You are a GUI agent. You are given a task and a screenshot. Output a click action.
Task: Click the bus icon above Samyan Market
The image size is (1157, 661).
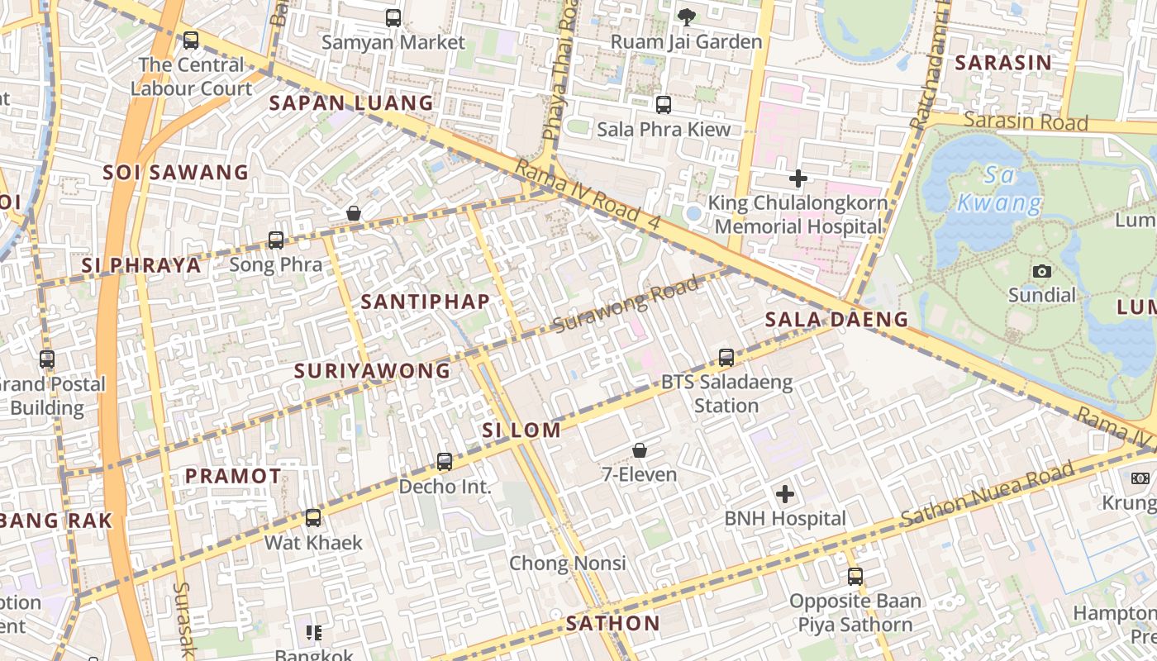[x=393, y=17]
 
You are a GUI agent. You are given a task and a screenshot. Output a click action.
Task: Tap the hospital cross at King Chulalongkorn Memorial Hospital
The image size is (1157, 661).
[x=798, y=178]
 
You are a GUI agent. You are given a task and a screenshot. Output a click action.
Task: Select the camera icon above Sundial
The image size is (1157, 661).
[x=1042, y=271]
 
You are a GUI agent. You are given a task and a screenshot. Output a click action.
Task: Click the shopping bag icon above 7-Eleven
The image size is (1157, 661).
[x=639, y=450]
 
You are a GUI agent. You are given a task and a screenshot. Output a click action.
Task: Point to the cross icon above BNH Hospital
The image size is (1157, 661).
[x=785, y=494]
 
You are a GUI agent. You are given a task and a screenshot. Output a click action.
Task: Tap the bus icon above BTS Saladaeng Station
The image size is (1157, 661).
[x=726, y=358]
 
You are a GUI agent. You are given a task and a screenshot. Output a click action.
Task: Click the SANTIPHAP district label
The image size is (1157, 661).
[x=426, y=302]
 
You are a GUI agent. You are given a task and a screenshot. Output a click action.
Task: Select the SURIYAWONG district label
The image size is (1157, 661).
[x=373, y=371]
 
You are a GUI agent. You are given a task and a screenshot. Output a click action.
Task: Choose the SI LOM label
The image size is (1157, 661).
[x=521, y=430]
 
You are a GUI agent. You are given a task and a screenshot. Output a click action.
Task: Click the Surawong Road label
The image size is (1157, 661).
[x=626, y=304]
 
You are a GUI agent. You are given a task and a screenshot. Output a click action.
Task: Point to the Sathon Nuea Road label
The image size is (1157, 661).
[x=988, y=493]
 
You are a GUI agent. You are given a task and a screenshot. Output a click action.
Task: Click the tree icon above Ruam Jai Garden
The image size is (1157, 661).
[x=686, y=17]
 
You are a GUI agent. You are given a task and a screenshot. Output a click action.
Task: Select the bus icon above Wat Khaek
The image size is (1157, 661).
[x=313, y=518]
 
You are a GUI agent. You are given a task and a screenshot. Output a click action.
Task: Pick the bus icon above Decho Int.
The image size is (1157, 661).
[x=445, y=462]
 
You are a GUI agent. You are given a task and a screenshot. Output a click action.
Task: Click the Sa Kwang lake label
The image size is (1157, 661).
[x=1000, y=188]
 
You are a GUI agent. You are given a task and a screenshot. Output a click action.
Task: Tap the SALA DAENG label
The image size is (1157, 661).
[x=836, y=319]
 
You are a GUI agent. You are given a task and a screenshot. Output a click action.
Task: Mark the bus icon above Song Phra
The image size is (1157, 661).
[x=276, y=240]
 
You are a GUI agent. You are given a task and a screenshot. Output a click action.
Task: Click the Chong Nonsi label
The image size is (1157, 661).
[x=568, y=563]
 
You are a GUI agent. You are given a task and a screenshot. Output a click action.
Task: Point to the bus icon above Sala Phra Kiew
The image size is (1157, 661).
[x=664, y=105]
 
